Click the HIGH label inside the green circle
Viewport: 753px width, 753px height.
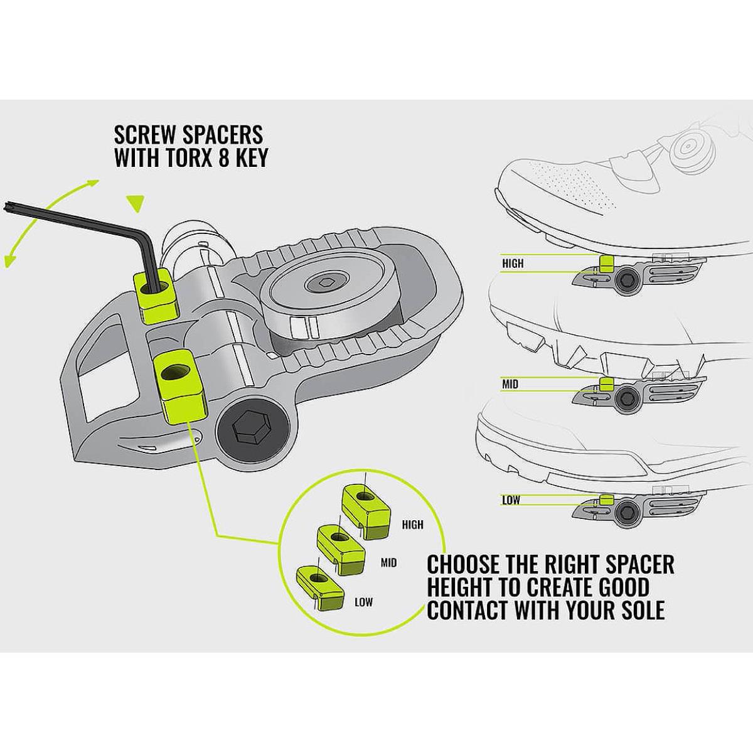[x=413, y=525]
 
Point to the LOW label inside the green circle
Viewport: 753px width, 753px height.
[x=364, y=602]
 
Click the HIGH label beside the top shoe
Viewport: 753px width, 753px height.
[x=513, y=264]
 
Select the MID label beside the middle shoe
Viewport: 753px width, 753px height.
[x=510, y=383]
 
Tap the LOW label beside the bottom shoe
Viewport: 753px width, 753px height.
[x=510, y=501]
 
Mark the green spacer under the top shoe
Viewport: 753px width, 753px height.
[x=606, y=263]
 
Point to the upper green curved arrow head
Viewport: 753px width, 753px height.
[x=93, y=183]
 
